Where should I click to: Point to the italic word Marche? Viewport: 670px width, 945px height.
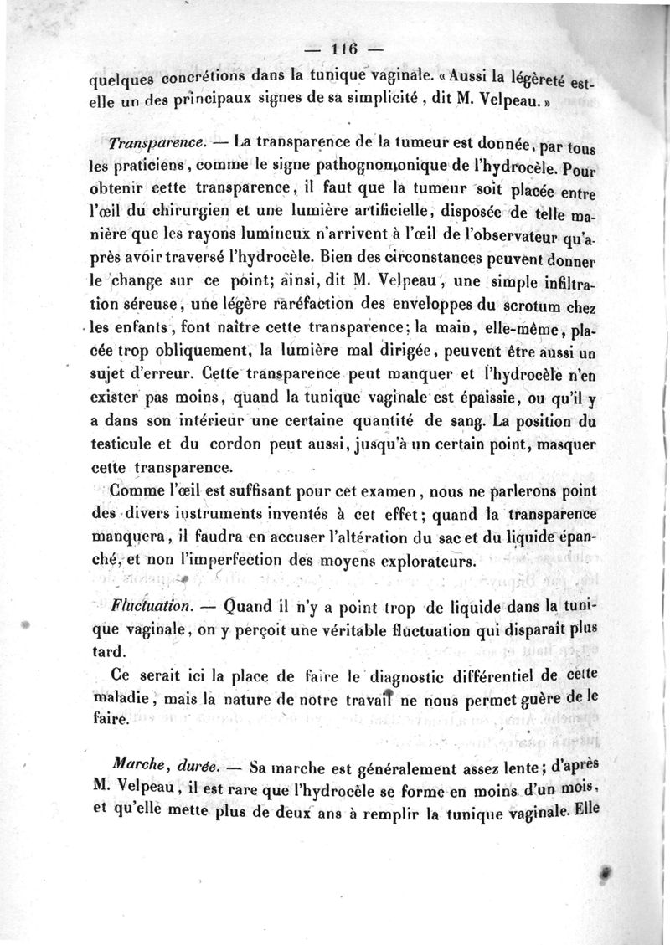pyautogui.click(x=126, y=763)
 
